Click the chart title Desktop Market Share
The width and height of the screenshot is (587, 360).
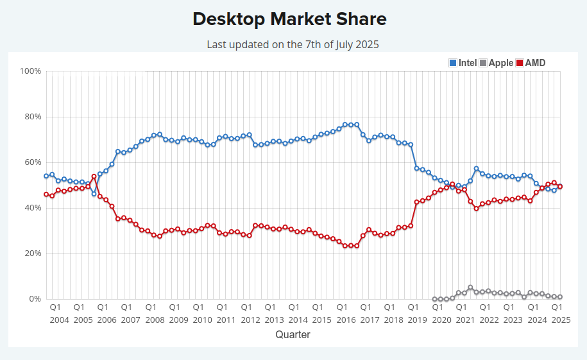click(289, 19)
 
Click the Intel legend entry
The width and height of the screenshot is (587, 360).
click(463, 63)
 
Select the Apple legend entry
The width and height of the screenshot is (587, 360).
click(496, 63)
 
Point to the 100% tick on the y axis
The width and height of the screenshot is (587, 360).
click(31, 71)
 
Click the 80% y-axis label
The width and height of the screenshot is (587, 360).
click(32, 117)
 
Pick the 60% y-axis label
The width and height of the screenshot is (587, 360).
click(32, 162)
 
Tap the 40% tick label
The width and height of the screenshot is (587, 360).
click(32, 208)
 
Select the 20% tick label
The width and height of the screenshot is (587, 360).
click(32, 253)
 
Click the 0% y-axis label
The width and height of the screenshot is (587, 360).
click(35, 299)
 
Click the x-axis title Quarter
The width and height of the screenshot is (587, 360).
click(293, 334)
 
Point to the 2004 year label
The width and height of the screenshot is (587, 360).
click(59, 320)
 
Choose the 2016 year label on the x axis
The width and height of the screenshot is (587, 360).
click(346, 320)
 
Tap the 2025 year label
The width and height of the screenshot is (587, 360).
click(561, 320)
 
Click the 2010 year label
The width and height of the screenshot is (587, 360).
click(202, 320)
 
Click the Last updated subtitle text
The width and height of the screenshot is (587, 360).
click(293, 44)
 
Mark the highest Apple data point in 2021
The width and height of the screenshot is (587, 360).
click(470, 287)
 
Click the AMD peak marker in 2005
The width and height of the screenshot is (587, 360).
click(94, 176)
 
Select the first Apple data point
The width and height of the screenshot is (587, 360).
click(434, 299)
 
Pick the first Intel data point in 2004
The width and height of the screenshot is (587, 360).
click(46, 176)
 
